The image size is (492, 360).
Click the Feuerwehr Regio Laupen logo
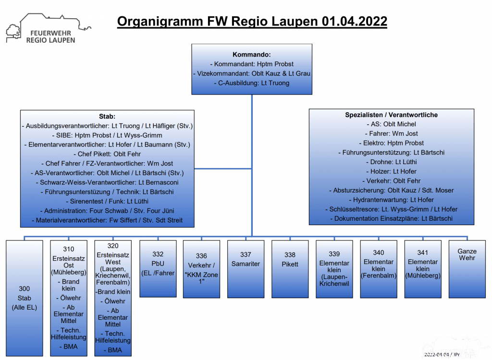[49, 28]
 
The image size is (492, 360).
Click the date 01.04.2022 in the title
[354, 21]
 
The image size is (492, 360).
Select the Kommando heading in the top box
[252, 55]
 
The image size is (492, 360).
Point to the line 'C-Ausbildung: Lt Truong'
[252, 83]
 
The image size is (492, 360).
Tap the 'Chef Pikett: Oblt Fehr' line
[107, 154]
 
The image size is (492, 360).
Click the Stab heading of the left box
[107, 116]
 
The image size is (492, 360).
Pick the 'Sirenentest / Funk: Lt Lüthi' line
[107, 201]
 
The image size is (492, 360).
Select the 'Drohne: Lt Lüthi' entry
[391, 162]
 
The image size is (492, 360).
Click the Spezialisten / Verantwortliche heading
[391, 115]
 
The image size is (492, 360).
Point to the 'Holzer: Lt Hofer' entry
[391, 171]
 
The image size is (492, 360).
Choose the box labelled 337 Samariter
[246, 269]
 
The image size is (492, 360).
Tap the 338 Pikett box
[290, 269]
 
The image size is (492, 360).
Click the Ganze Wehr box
[467, 269]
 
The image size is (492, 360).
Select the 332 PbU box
[158, 269]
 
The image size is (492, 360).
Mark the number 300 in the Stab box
[25, 288]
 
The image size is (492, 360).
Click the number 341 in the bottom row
[423, 252]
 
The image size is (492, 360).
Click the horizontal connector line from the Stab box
[223, 168]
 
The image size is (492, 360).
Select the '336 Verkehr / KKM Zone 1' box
[201, 269]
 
